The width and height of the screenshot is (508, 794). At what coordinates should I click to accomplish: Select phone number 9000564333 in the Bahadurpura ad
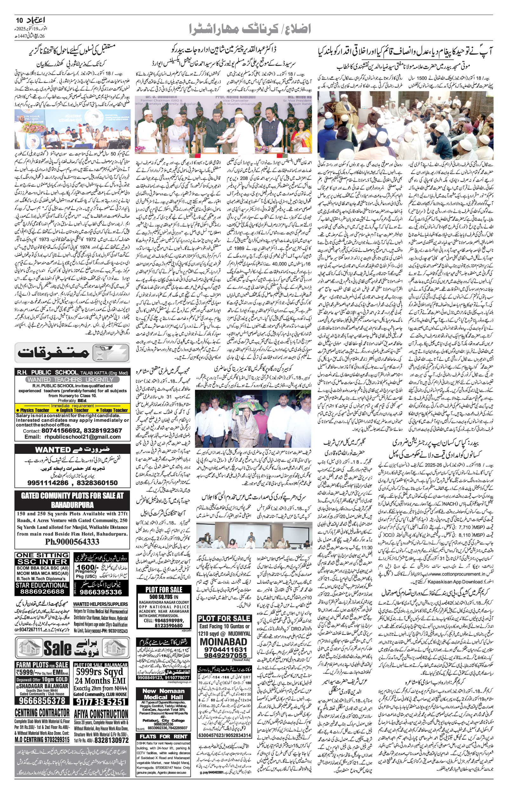(x=72, y=542)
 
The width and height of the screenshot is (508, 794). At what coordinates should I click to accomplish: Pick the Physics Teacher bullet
(x=33, y=410)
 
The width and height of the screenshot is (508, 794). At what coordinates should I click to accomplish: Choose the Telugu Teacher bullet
(x=112, y=410)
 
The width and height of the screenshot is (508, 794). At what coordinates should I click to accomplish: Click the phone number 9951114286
(x=48, y=483)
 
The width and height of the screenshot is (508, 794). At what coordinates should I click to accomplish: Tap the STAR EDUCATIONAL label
(x=42, y=585)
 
